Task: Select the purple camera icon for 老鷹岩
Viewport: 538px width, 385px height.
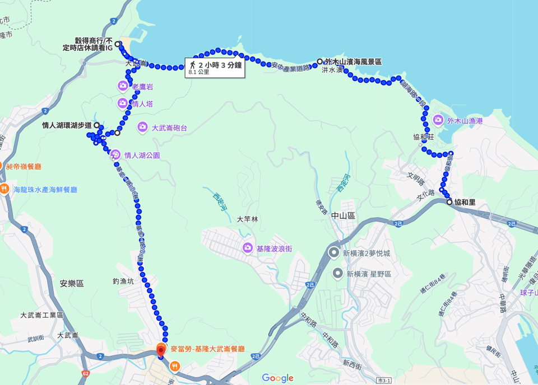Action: click(123, 86)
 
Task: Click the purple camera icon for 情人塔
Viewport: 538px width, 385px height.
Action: click(123, 104)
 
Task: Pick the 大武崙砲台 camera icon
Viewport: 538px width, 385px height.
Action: click(142, 128)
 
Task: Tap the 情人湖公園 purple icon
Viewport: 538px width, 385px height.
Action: click(115, 155)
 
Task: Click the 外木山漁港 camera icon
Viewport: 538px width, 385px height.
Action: click(438, 120)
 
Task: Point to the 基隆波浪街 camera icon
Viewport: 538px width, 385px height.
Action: click(247, 248)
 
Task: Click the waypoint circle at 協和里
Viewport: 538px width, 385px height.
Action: click(449, 202)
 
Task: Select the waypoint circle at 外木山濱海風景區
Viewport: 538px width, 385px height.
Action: click(319, 62)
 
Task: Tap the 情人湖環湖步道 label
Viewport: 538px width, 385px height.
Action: click(66, 125)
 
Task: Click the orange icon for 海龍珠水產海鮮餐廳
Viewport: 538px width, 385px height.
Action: click(4, 189)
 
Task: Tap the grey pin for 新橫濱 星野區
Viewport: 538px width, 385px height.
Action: click(337, 274)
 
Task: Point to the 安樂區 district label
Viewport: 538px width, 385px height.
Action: click(72, 284)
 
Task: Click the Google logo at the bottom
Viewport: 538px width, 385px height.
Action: click(277, 378)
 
